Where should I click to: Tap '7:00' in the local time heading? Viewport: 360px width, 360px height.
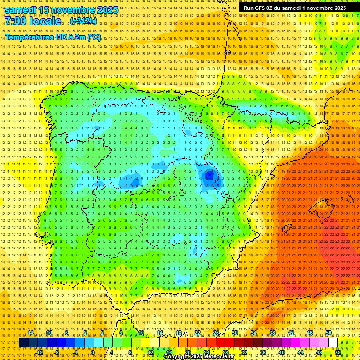(18, 22)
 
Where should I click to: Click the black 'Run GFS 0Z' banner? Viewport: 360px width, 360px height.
(295, 8)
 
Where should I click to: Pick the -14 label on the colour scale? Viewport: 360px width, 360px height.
(31, 333)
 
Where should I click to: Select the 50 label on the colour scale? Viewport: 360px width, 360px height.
(329, 333)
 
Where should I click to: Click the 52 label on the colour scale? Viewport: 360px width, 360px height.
(338, 352)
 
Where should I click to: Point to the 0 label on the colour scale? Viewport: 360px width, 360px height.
(93, 352)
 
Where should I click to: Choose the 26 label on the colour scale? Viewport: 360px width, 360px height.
(216, 333)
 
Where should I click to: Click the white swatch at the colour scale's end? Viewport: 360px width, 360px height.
(333, 343)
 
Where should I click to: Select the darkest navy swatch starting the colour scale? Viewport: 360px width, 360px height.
(23, 343)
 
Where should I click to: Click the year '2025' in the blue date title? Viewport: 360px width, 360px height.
(105, 10)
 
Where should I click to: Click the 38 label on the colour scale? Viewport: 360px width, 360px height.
(272, 333)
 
